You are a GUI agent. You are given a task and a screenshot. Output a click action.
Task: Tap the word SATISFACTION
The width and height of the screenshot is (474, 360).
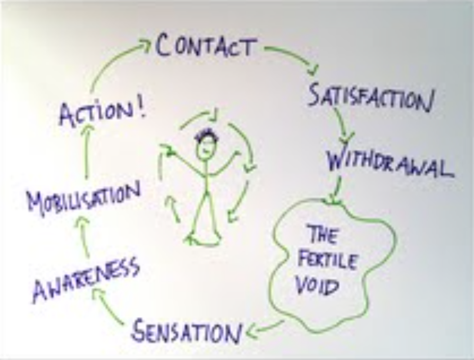tap(370, 97)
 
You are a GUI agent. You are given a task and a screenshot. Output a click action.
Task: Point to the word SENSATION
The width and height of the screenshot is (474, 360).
tap(187, 331)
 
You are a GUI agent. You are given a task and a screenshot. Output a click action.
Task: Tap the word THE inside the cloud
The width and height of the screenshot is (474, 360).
tap(322, 235)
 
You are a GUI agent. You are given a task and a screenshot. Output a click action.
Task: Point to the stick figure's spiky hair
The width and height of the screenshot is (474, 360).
tap(206, 135)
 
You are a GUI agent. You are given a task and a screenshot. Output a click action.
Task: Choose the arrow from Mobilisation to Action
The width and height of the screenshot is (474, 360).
tap(87, 152)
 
